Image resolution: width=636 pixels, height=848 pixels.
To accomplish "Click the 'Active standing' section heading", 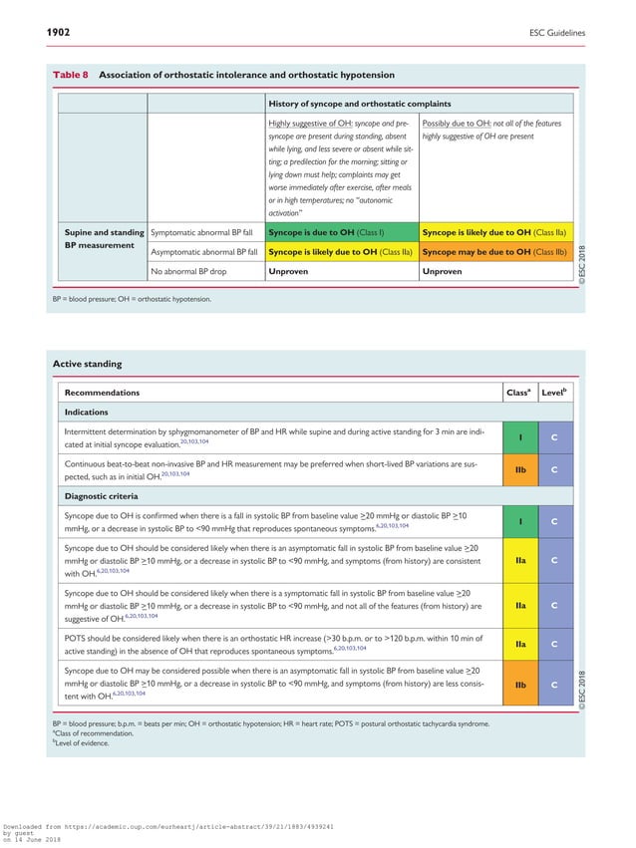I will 87,365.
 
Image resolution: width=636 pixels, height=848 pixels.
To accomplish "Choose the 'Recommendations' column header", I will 103,393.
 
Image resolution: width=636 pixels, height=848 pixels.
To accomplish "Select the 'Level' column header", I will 554,393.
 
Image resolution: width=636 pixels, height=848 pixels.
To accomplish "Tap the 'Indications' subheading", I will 88,412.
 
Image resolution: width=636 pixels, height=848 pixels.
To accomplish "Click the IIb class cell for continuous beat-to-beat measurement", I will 520,469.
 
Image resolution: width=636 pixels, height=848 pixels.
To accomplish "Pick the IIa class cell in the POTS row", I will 520,643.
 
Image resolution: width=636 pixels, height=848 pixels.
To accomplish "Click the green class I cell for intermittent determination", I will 520,436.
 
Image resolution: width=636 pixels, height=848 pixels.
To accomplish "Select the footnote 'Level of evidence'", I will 87,742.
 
